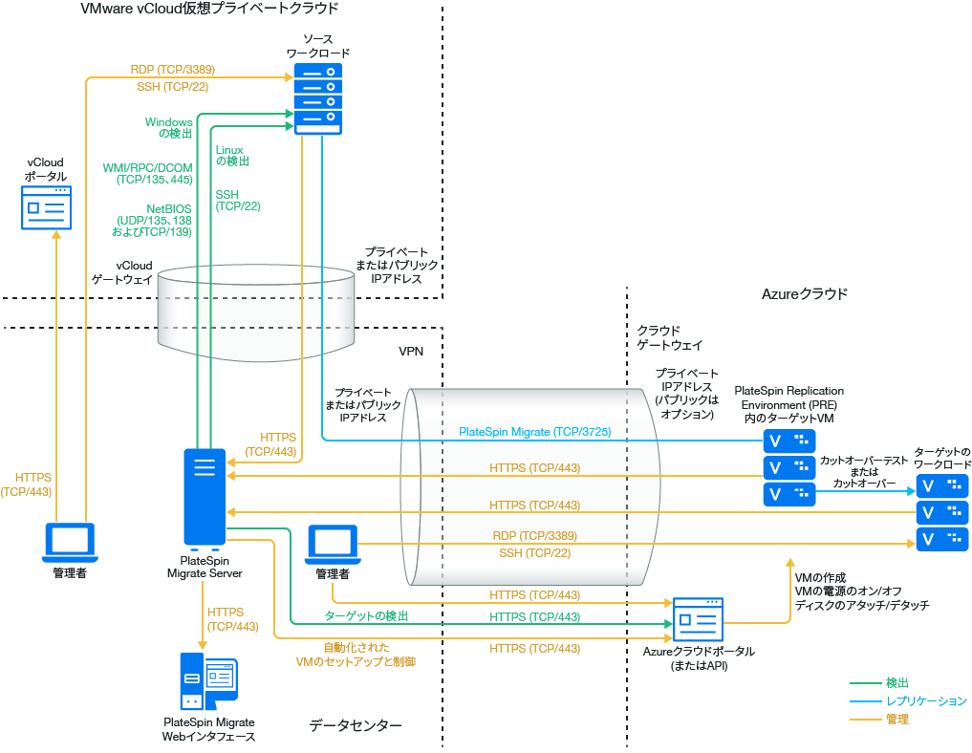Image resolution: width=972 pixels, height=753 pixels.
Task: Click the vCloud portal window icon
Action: pos(47,207)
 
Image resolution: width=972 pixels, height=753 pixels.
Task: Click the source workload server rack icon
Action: pos(318,97)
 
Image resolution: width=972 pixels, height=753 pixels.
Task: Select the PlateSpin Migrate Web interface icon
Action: pos(208,681)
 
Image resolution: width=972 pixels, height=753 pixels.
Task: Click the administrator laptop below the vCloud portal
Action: pos(70,543)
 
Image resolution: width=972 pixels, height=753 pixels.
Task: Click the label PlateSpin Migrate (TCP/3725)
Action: pos(534,432)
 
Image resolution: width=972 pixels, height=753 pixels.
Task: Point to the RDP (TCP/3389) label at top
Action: pos(172,70)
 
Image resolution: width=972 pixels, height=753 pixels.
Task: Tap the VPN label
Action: pos(411,351)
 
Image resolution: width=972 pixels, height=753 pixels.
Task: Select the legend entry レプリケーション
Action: pos(926,701)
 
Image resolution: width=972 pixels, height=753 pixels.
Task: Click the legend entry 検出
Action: pos(896,683)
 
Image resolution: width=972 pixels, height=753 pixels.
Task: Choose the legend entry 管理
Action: pos(896,719)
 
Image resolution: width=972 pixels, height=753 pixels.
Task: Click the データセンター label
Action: pos(355,726)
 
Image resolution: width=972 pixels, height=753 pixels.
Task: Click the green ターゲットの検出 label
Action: pos(366,615)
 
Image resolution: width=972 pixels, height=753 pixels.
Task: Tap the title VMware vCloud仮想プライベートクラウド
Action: pos(210,9)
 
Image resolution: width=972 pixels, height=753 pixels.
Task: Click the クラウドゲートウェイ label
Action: pos(669,337)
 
